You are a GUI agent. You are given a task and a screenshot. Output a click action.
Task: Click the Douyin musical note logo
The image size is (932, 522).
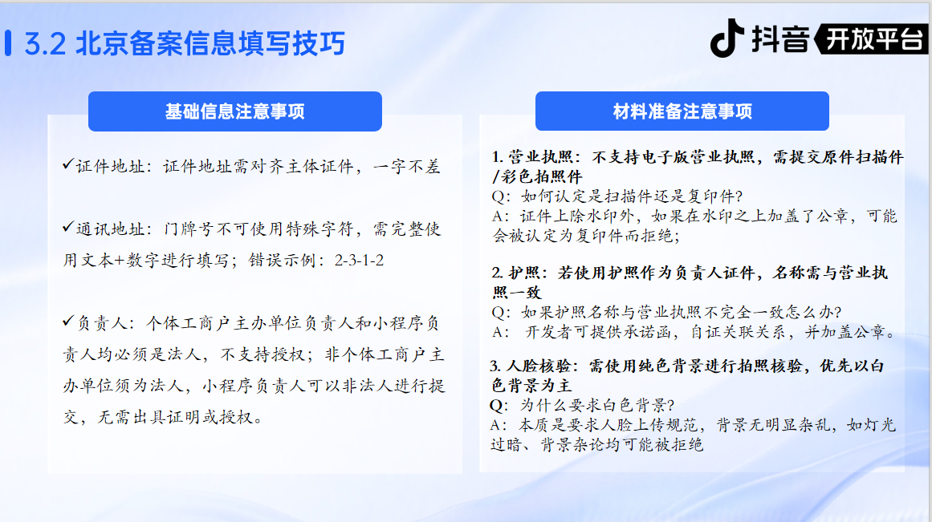pos(727,38)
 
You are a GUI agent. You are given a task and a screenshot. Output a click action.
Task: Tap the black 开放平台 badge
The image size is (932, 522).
pos(871,39)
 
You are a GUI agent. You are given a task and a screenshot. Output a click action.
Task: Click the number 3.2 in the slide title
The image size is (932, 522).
pos(45,44)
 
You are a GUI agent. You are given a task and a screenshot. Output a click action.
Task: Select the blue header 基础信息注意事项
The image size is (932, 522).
pos(234,111)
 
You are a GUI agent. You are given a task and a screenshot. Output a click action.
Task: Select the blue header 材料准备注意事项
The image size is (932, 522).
pos(682,111)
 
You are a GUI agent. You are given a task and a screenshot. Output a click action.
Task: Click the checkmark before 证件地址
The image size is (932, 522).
pos(67,164)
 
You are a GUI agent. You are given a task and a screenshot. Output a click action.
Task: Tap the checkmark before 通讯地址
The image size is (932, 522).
pos(67,227)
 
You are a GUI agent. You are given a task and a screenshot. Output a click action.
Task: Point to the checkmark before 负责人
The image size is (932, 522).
pos(67,321)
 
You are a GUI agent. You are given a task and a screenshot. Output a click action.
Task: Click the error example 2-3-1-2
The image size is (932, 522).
pos(359,260)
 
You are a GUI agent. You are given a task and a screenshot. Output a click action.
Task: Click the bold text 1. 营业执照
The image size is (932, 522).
pos(531,157)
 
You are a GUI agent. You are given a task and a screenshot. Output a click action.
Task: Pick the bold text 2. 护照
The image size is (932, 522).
pos(515,273)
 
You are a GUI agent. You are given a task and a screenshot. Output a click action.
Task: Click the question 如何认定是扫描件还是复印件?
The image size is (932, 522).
pos(632,196)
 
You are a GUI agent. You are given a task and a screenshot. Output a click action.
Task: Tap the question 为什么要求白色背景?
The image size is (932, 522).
pos(597,405)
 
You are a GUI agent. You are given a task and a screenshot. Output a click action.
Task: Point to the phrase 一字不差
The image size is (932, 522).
pos(406,167)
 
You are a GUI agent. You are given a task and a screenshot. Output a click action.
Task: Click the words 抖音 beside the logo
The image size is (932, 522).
pos(779,39)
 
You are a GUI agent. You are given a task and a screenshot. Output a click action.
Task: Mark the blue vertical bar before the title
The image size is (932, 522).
pos(8,43)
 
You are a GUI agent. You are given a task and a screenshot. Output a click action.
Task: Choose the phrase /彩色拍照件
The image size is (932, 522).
pos(537,176)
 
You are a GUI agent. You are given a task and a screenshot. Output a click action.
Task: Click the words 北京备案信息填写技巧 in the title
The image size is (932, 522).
pos(210,44)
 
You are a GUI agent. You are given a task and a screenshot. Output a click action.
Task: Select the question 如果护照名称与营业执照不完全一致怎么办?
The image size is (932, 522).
pos(682,312)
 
